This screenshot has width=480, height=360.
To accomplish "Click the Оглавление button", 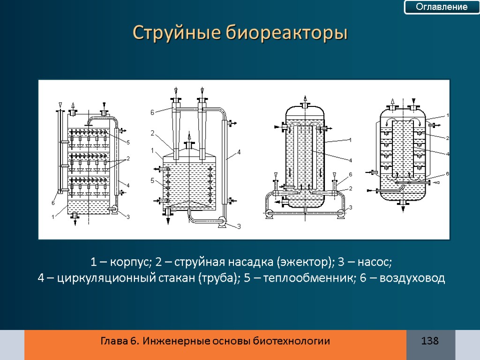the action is (x=442, y=7).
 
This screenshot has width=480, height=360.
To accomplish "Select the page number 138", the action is (x=430, y=341).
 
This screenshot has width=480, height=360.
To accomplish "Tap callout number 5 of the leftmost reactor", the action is (x=128, y=142).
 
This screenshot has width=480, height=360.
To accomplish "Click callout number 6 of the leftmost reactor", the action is (x=53, y=203).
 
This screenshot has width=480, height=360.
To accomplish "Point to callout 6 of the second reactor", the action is (x=152, y=112).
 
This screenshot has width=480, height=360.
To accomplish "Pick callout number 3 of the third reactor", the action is (x=350, y=207).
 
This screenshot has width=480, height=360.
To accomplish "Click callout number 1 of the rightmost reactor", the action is (x=448, y=115).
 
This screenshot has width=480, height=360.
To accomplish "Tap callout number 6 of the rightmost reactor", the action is (x=448, y=173).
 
